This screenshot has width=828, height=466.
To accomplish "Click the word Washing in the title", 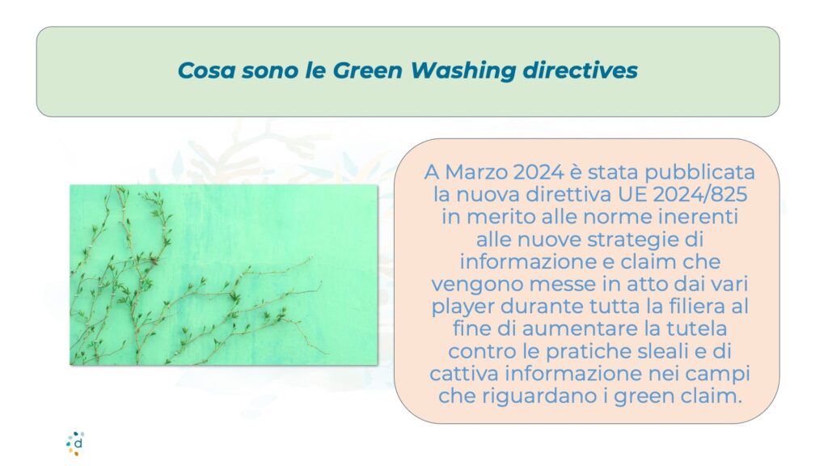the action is click(x=463, y=71).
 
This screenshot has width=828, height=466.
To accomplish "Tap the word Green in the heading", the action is click(x=367, y=70).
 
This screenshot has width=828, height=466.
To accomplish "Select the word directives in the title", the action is click(x=581, y=70).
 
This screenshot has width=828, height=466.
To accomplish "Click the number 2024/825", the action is click(x=699, y=194).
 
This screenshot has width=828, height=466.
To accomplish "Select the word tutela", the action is click(x=696, y=328).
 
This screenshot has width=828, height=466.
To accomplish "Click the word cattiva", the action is click(x=463, y=374).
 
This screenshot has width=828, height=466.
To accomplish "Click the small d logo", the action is click(x=75, y=443).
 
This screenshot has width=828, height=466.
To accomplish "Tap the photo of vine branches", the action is click(x=223, y=275).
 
